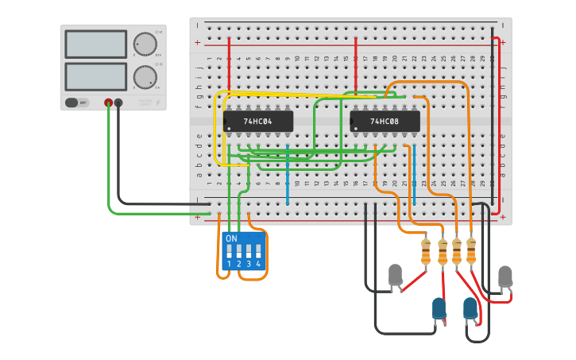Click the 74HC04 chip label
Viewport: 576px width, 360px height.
[x=258, y=122]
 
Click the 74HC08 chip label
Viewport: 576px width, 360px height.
[x=385, y=122]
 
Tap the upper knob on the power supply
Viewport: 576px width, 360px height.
[x=145, y=44]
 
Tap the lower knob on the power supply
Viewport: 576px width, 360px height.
[x=145, y=77]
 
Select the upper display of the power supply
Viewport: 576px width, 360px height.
[x=95, y=45]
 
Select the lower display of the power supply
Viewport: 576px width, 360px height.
[x=95, y=76]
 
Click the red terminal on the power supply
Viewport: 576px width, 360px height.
[x=108, y=103]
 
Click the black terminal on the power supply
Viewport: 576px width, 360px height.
[x=118, y=103]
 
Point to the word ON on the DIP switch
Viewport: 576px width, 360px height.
[x=231, y=238]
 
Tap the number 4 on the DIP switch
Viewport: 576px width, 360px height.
[x=258, y=264]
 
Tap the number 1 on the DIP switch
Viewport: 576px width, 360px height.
[x=229, y=264]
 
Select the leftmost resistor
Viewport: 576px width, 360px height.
[x=426, y=252]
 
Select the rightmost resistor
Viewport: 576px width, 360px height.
[x=471, y=250]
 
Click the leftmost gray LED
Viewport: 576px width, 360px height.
[x=395, y=275]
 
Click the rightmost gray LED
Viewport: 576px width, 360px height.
[x=504, y=277]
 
